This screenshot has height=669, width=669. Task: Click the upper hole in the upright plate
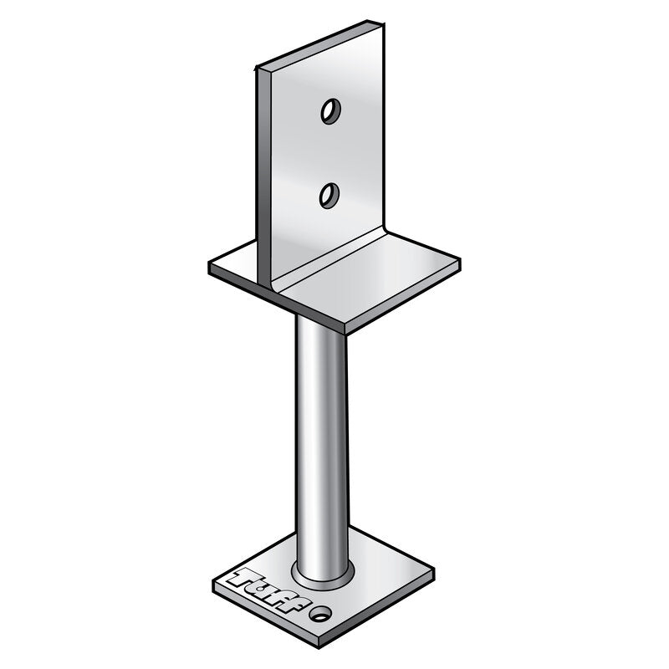[330, 111]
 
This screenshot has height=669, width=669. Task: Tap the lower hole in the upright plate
[329, 195]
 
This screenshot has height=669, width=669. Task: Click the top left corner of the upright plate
[257, 67]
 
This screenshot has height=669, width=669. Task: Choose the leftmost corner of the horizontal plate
[209, 266]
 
